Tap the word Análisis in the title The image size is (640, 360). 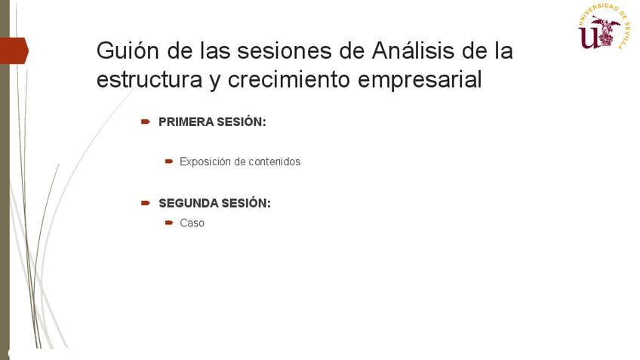point(413,51)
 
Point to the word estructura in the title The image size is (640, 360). point(149,79)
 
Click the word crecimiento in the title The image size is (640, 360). point(289,79)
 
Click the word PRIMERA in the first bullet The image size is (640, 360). point(186,122)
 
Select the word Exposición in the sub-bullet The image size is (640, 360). point(205,162)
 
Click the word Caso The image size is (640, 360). point(192,223)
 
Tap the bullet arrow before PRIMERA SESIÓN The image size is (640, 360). point(146,122)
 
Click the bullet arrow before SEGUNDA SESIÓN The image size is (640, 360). point(146,203)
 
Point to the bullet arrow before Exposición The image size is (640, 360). point(169,162)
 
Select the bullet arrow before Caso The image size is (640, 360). point(169,223)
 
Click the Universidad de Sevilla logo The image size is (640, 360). point(605,26)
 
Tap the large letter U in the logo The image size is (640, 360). point(588,38)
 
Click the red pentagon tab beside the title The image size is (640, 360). point(14,51)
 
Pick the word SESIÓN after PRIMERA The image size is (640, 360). point(242,122)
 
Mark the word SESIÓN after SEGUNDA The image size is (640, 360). point(246,203)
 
